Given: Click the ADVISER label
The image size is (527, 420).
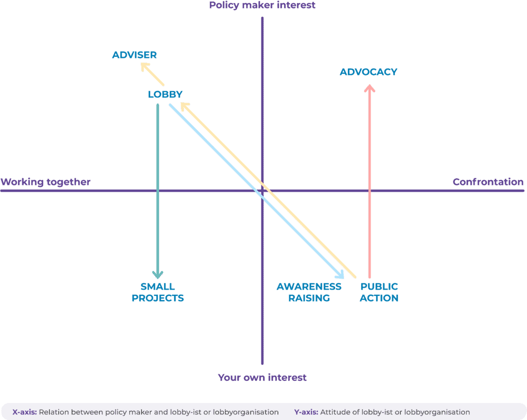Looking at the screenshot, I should point(134,55).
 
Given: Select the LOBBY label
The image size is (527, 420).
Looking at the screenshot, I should point(165,94).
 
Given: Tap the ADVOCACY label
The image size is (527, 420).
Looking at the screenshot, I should point(368,72).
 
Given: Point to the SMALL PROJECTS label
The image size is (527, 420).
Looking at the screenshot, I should point(157,292).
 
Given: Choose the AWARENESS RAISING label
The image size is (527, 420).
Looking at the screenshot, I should point(309,292).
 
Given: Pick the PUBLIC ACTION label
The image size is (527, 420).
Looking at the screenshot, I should point(379,292).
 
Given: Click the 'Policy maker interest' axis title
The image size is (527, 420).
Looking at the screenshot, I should point(262,6).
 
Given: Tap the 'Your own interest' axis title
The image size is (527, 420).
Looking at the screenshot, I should point(262,378).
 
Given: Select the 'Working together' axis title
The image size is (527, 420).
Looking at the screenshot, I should point(45,182).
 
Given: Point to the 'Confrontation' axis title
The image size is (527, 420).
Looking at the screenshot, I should point(488,182).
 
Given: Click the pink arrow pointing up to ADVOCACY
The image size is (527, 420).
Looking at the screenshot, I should point(369,180).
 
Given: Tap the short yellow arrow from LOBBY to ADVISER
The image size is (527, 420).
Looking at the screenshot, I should point(153,75).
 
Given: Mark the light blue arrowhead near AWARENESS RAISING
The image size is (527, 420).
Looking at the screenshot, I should point(340,275).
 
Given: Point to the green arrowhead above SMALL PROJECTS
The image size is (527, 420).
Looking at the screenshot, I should point(157,275).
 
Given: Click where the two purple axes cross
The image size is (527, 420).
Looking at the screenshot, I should point(262,191).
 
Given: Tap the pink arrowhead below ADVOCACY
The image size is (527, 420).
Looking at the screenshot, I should point(369,88).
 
